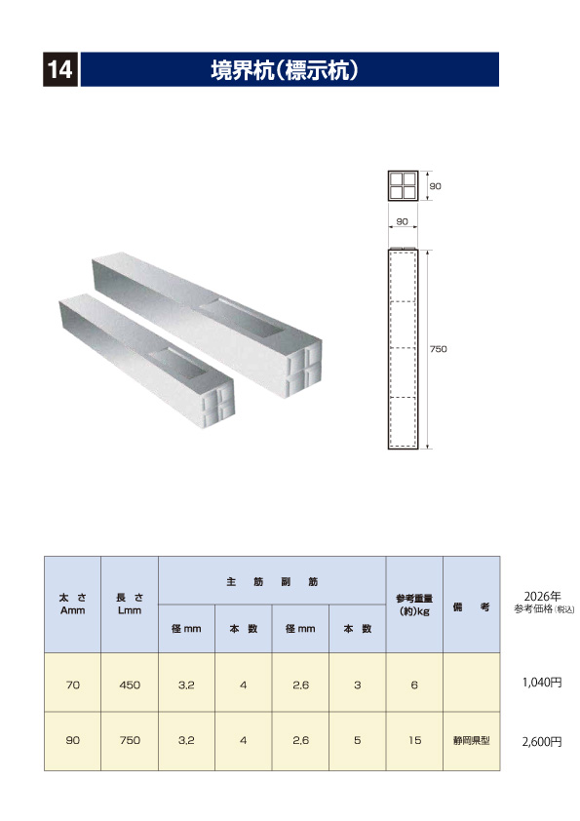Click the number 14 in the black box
tap(58, 70)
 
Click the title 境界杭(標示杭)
tap(288, 70)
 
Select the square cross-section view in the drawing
tap(402, 185)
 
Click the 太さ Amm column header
tap(72, 604)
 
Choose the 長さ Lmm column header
tap(129, 604)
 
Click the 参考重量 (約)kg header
tap(414, 604)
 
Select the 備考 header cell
tap(471, 606)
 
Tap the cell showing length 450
tap(130, 685)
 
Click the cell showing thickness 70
tap(72, 685)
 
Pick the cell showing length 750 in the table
tap(130, 741)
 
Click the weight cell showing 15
tap(414, 741)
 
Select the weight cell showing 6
tap(414, 685)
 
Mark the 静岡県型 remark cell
tap(471, 741)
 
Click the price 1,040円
tap(542, 684)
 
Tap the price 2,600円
tap(542, 741)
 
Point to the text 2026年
tap(543, 595)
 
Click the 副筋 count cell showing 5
tap(358, 741)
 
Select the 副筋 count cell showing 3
tap(358, 685)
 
